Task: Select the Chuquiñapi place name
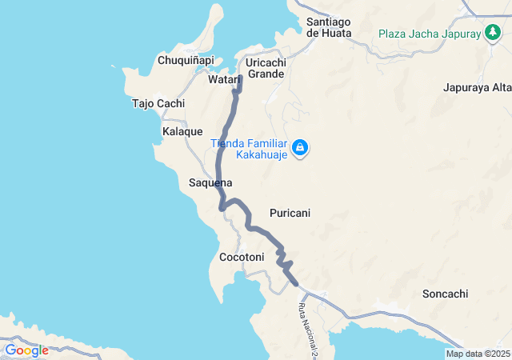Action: click(186, 60)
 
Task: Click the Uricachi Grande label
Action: click(266, 68)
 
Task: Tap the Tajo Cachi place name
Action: click(158, 103)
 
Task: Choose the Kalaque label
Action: click(182, 131)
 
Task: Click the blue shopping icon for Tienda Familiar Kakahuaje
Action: click(300, 148)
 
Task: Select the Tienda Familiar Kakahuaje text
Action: click(248, 149)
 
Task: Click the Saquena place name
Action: click(210, 182)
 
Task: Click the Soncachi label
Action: click(445, 294)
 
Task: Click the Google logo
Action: click(26, 350)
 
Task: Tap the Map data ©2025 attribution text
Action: click(478, 354)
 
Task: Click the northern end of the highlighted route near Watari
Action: click(240, 78)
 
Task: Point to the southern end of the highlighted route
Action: click(297, 283)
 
